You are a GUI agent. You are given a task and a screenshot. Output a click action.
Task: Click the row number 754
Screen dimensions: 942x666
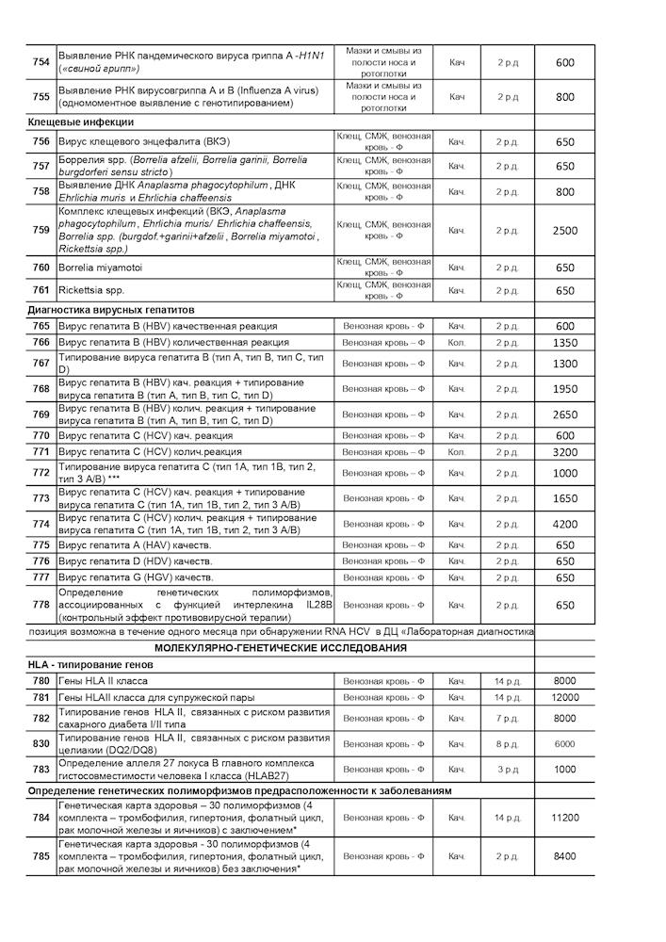coord(41,62)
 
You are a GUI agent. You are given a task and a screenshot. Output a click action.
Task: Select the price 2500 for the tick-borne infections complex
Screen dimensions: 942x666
coord(565,230)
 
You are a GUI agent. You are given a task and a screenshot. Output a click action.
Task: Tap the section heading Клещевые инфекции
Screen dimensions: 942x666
coord(81,122)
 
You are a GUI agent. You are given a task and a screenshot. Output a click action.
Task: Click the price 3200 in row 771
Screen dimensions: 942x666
coord(565,452)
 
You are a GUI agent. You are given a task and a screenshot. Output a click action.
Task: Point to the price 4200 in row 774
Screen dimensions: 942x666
coord(565,524)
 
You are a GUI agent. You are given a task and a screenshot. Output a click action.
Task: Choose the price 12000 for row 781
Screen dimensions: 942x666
coord(565,697)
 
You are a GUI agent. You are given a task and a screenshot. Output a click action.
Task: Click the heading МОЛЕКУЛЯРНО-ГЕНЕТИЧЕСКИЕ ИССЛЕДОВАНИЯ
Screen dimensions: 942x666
coord(280,648)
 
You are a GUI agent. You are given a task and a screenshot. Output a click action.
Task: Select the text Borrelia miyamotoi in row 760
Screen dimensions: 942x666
coord(103,268)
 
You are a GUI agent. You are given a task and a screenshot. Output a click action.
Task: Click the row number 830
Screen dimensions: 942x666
coord(41,743)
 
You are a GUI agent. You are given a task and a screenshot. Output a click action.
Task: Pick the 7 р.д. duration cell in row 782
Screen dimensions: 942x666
coord(507,719)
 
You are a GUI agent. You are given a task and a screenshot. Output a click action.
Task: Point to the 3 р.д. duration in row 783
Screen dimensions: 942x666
coord(507,769)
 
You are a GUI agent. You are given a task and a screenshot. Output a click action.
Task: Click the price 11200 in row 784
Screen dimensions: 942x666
coord(565,818)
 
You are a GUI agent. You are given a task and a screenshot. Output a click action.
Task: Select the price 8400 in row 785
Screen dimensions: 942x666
coord(565,856)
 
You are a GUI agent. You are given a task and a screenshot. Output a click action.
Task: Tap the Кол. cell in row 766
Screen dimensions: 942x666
coord(457,342)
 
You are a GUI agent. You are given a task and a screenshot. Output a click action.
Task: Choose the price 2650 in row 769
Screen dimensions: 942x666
coord(565,414)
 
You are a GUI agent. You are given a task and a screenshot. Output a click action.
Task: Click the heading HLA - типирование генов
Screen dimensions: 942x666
coord(90,665)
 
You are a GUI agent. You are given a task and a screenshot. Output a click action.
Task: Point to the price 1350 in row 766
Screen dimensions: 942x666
coord(565,342)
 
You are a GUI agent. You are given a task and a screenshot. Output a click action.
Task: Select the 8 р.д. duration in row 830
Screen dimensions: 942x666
coord(507,743)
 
